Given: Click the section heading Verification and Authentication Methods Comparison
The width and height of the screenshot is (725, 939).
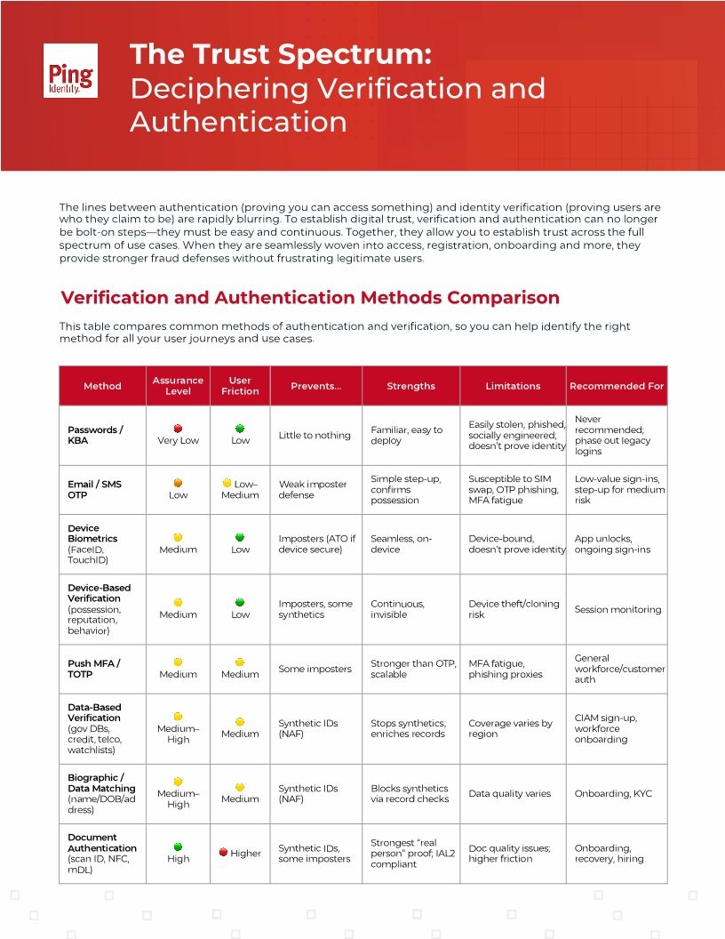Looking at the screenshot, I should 309,298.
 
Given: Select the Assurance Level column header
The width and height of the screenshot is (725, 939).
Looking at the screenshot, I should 178,386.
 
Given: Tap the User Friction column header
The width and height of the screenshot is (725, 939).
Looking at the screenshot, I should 240,386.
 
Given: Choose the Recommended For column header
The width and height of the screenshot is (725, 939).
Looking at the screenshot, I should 617,386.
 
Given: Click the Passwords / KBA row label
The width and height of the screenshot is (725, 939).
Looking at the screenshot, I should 95,435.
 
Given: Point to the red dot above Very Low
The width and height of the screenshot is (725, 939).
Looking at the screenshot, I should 178,428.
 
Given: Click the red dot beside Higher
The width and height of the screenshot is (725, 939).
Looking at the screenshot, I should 223,852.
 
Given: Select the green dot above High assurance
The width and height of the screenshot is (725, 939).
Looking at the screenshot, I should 178,847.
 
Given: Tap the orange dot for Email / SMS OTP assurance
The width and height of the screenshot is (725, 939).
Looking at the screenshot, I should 178,483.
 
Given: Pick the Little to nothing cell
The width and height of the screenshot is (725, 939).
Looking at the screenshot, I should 315,436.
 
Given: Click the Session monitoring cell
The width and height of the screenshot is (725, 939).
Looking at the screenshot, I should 617,610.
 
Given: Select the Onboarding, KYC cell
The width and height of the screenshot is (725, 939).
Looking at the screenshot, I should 613,794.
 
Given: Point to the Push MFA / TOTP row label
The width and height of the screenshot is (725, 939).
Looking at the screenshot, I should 94,669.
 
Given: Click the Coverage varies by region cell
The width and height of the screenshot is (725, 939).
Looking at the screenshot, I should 510,728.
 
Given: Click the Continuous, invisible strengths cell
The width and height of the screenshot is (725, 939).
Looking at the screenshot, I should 397,609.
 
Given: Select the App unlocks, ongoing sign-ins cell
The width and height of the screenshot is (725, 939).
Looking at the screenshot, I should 612,544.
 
